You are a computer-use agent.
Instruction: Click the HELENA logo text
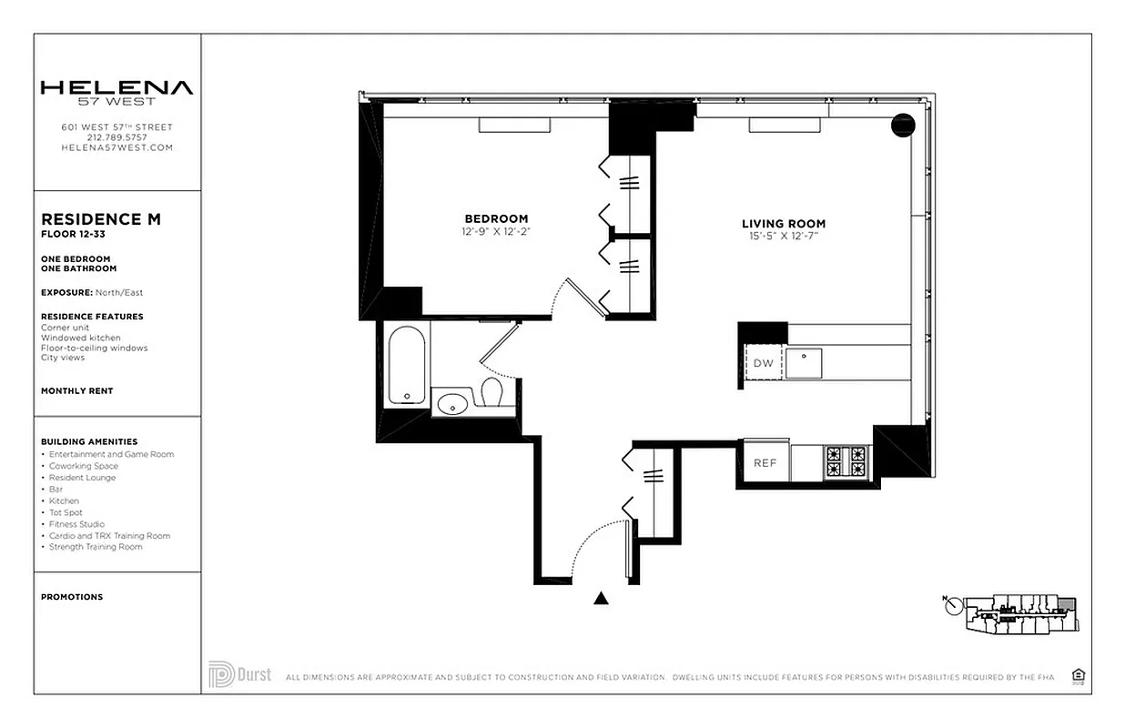[117, 88]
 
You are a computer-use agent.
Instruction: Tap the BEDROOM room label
[496, 218]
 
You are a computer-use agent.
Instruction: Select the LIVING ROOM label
[783, 224]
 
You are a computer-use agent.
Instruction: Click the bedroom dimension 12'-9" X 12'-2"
[496, 232]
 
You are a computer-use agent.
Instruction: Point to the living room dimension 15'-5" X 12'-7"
[783, 238]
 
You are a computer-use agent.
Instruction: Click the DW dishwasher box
[763, 363]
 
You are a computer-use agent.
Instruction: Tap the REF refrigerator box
[765, 462]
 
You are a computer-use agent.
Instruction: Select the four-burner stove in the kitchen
[846, 462]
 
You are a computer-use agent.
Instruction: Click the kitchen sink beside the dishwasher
[806, 363]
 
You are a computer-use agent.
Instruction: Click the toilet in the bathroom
[492, 393]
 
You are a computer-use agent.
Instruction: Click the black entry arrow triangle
[601, 598]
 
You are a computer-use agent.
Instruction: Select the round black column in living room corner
[902, 125]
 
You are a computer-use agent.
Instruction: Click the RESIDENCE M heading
[101, 219]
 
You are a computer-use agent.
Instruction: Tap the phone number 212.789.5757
[117, 137]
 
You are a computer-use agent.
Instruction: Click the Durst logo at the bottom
[239, 674]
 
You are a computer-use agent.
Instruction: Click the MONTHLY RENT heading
[76, 390]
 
